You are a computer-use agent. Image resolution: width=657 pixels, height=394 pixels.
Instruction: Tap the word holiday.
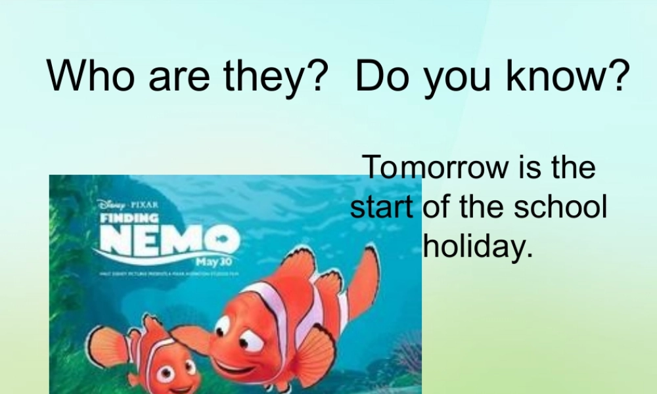[x=476, y=247]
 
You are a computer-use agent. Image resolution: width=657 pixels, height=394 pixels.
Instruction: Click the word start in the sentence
[x=381, y=208]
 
